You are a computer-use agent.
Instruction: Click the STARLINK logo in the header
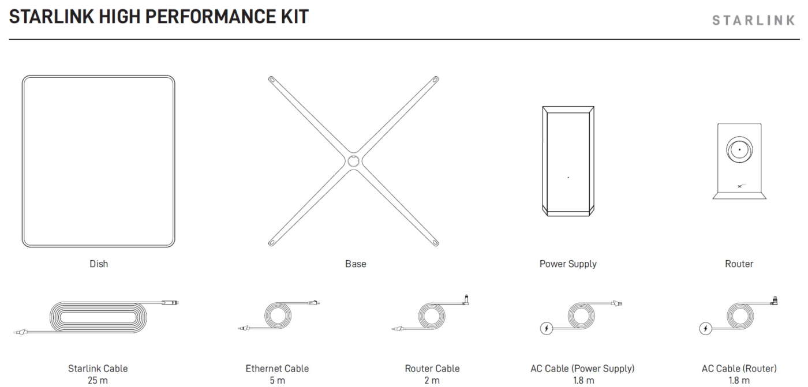tap(754, 20)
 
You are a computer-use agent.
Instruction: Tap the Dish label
tap(99, 264)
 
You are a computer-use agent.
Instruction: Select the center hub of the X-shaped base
tap(353, 161)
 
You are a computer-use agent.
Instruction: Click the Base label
tap(356, 264)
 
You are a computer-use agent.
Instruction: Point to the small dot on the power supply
tap(568, 178)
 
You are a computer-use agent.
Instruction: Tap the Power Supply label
tap(568, 264)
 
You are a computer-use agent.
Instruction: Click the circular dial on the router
tap(739, 149)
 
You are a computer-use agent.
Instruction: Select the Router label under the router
tap(739, 264)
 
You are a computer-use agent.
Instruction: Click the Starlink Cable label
tap(98, 369)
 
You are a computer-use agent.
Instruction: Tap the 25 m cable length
tap(98, 380)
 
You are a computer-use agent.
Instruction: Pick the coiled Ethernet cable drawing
tap(278, 315)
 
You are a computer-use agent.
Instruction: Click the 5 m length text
tap(277, 380)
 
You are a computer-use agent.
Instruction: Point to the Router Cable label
tap(432, 369)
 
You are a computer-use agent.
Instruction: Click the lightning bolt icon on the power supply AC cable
tap(547, 328)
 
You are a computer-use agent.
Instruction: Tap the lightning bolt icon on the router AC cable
tap(705, 328)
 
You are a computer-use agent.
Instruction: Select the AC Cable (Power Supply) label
tap(582, 369)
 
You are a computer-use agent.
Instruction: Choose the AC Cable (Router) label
tap(739, 369)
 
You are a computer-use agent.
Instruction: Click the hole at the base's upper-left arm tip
tap(272, 79)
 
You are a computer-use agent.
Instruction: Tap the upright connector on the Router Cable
tap(466, 300)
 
